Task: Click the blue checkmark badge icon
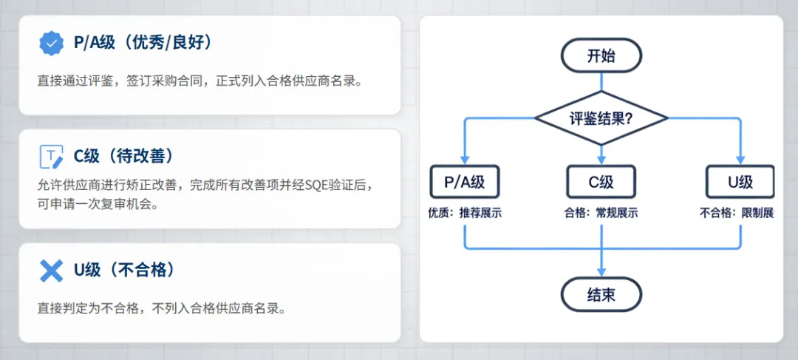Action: pos(51,44)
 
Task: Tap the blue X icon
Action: pos(51,271)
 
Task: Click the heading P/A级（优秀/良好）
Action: pos(143,43)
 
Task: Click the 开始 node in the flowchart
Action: pos(601,55)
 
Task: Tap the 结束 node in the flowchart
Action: pos(601,295)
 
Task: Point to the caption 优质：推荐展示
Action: pos(465,214)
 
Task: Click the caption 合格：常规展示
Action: pos(601,214)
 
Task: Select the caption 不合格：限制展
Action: pos(737,214)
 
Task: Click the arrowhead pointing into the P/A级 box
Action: pos(464,160)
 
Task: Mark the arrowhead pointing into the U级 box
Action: pos(740,160)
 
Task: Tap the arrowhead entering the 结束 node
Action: pos(601,273)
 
